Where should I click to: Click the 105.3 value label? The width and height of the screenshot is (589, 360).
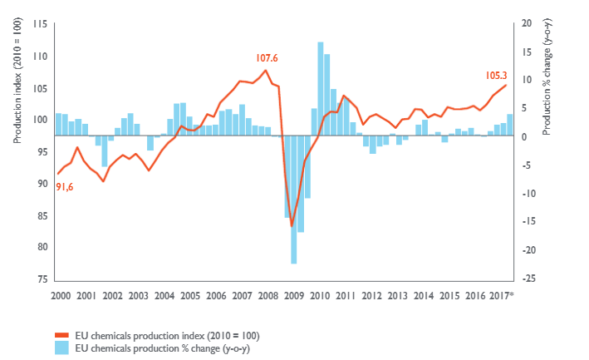[498, 75]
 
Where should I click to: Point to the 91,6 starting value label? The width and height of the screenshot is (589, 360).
[64, 187]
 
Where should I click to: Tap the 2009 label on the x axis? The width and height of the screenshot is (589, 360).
[293, 295]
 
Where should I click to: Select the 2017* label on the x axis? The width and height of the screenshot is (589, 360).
[501, 295]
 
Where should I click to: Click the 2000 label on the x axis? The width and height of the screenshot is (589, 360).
[61, 295]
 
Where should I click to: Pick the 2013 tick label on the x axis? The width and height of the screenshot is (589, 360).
[397, 295]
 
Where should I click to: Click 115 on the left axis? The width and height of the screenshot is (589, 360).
[40, 24]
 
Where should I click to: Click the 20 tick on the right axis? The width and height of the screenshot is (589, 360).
[527, 24]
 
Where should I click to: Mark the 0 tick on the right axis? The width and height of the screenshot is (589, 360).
[524, 136]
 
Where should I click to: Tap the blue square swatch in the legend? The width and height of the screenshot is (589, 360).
[62, 348]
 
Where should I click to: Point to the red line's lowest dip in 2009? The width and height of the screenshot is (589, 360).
[292, 225]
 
